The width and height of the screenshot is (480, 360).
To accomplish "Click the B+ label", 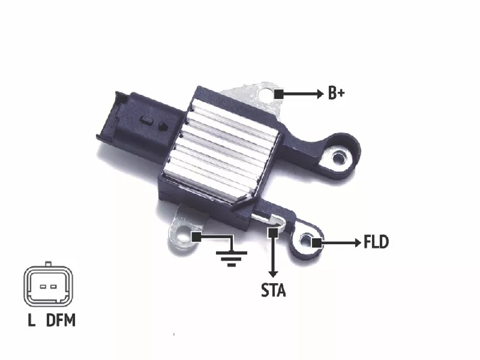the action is tap(336, 93).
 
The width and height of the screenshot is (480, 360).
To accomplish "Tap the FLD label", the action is tap(376, 242).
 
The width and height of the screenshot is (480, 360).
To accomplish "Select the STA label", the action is tap(274, 290).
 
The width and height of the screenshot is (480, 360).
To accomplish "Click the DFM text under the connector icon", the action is tap(61, 320).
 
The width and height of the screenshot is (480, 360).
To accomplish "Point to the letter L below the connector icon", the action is tap(32, 320).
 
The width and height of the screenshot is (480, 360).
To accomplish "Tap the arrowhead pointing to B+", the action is tap(320, 94).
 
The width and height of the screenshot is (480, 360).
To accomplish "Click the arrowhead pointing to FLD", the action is tap(358, 243).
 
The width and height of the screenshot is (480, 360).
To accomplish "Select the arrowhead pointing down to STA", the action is tap(273, 274).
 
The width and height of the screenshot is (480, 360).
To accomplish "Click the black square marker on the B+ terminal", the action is tap(278, 94).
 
